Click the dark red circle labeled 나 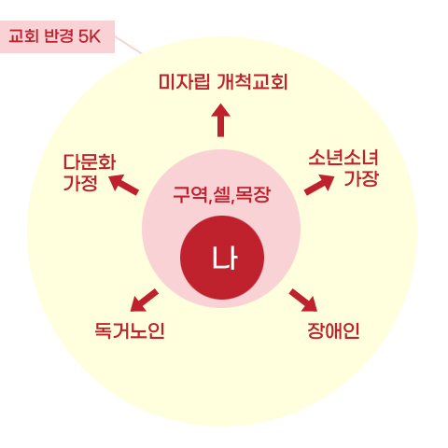(222, 258)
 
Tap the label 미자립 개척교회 (223, 82)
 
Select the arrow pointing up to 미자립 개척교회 (220, 120)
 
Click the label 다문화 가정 (90, 172)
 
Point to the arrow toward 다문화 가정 (123, 185)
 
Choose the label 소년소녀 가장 (343, 168)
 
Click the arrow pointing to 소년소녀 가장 (319, 185)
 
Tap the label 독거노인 (130, 330)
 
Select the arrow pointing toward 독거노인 (144, 301)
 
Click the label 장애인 (333, 330)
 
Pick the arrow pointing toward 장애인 (303, 301)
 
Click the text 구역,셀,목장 (222, 195)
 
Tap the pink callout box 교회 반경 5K (57, 36)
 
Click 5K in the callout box (90, 36)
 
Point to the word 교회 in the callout (24, 36)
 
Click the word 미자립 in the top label (184, 82)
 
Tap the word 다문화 (90, 162)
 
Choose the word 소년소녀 (343, 158)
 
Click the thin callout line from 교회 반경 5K (129, 45)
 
